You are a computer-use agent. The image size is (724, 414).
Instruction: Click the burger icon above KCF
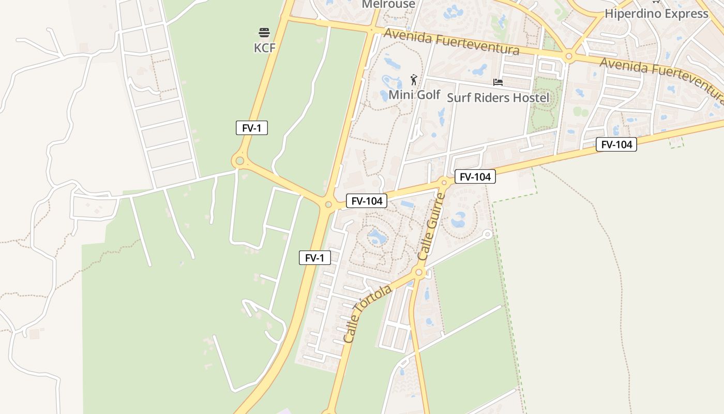[264, 33]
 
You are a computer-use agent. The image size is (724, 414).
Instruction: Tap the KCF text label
[264, 48]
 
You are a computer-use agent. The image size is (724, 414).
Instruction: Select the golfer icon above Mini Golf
[414, 80]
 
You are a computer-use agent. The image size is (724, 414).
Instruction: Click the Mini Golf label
[414, 95]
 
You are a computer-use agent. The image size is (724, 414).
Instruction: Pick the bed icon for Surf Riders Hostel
[498, 82]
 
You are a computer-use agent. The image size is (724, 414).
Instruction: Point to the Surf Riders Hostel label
[497, 97]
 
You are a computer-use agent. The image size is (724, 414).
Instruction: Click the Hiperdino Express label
[656, 13]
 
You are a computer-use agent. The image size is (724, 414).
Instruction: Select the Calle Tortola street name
[368, 314]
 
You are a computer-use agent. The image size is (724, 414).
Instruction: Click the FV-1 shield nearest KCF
[252, 128]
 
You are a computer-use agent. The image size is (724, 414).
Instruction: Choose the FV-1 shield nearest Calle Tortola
[315, 257]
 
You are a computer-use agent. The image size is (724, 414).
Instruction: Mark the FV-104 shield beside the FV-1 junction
[367, 200]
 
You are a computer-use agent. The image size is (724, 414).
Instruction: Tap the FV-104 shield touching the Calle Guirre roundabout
[475, 176]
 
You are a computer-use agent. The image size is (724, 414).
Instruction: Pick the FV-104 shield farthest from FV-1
[616, 144]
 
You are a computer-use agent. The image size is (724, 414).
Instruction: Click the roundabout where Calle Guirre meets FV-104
[444, 182]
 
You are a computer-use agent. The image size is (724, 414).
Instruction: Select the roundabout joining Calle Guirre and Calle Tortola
[419, 272]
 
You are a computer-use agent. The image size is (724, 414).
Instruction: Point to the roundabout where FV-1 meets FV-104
[328, 204]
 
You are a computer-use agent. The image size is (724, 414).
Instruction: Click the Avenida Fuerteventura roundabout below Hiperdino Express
[568, 56]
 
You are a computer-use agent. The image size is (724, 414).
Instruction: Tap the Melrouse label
[388, 4]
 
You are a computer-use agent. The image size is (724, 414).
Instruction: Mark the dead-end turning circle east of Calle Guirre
[487, 234]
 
